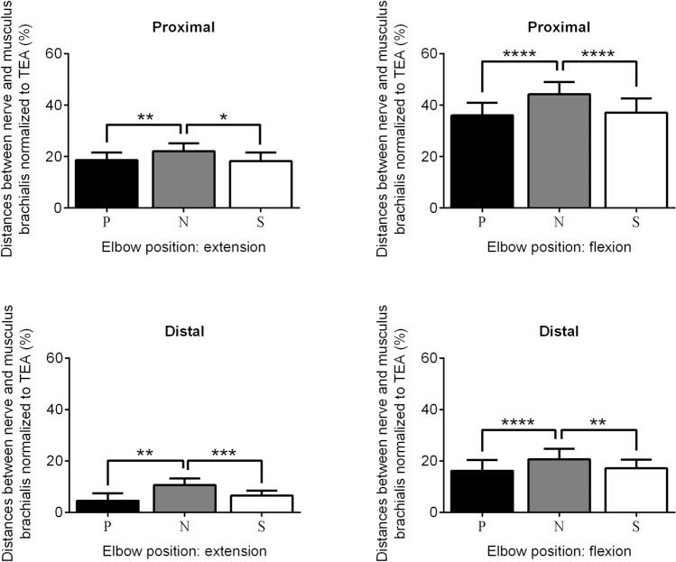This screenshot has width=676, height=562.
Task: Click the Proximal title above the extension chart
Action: click(183, 27)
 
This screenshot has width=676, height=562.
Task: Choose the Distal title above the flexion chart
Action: click(559, 331)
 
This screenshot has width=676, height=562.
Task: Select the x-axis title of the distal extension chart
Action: click(184, 550)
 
